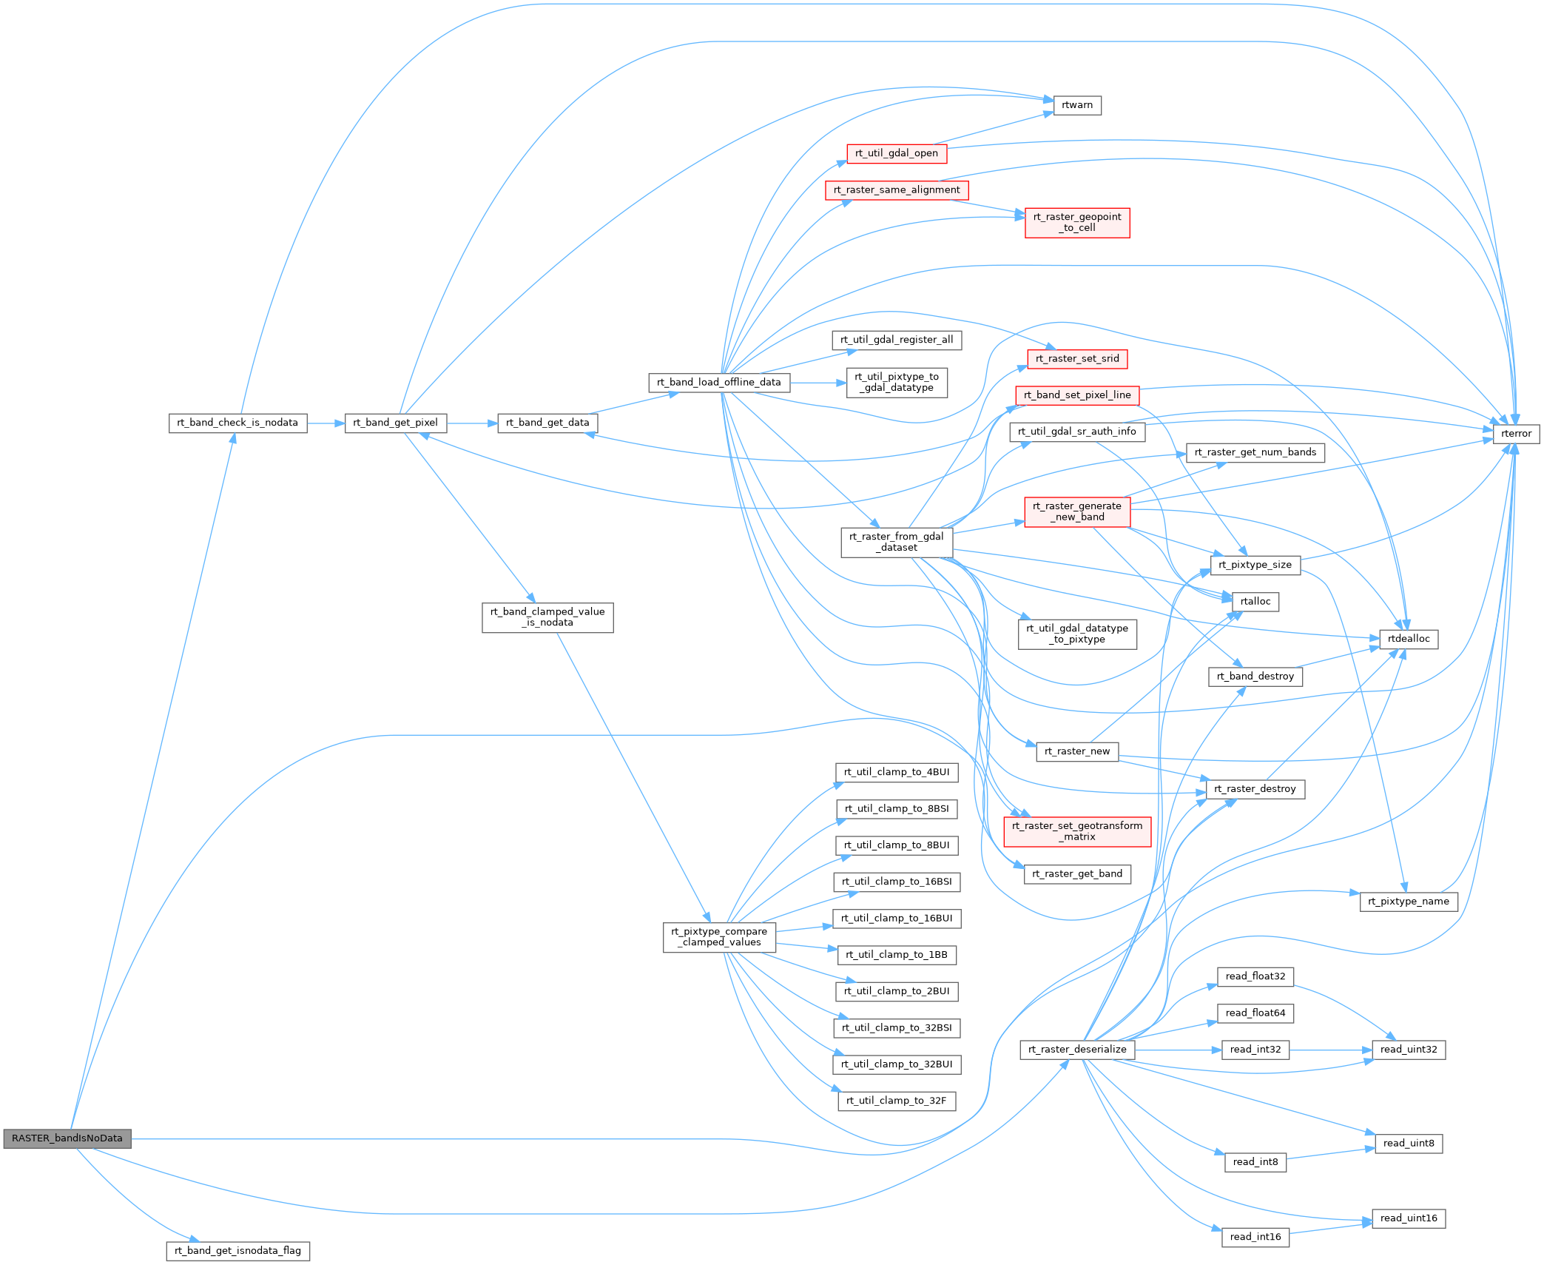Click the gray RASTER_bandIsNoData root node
[x=67, y=1138]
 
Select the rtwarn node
[x=1076, y=105]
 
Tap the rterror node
[x=1516, y=434]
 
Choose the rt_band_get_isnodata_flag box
[x=237, y=1251]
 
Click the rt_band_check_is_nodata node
[x=237, y=423]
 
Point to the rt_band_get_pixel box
[x=395, y=423]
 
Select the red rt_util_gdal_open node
[x=896, y=153]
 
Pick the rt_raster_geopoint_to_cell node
[x=1076, y=222]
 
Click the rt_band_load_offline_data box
[x=718, y=383]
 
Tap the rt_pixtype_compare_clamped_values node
[x=718, y=937]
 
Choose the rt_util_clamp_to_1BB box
[x=896, y=955]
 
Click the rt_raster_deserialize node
[x=1076, y=1050]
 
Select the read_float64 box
[x=1255, y=1013]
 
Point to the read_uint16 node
[x=1408, y=1218]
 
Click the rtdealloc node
[x=1408, y=639]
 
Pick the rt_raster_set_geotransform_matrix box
[x=1076, y=831]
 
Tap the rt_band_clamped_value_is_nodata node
[x=547, y=617]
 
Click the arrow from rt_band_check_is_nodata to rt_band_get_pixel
[x=326, y=423]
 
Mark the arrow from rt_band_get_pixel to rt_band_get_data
[x=472, y=423]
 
